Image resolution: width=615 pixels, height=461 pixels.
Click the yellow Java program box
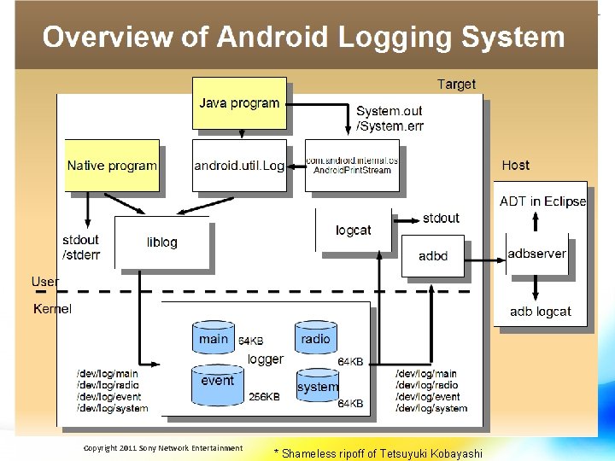[x=239, y=103]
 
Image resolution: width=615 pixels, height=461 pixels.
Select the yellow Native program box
[x=112, y=166]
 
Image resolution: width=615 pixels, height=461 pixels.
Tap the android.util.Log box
[x=239, y=166]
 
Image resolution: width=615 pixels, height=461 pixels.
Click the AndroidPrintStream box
[x=352, y=166]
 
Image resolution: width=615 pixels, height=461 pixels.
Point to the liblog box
[x=161, y=242]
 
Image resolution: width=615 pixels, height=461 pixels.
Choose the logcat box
[x=353, y=230]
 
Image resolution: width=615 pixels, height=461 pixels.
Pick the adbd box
[x=433, y=255]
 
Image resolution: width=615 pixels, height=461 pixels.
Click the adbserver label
[x=536, y=254]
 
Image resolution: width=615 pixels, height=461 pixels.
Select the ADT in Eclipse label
[x=542, y=201]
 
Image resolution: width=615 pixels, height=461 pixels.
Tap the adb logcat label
[x=540, y=312]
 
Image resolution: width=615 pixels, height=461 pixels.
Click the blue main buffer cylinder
[x=214, y=340]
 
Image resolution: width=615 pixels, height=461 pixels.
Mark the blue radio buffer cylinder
[x=315, y=340]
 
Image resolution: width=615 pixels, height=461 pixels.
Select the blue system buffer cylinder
[x=318, y=388]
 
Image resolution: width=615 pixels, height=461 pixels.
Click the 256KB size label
[x=264, y=397]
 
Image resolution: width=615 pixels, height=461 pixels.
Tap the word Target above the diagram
[x=456, y=84]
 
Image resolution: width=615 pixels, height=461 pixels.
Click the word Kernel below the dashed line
[x=52, y=308]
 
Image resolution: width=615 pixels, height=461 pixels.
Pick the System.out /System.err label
[x=389, y=119]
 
